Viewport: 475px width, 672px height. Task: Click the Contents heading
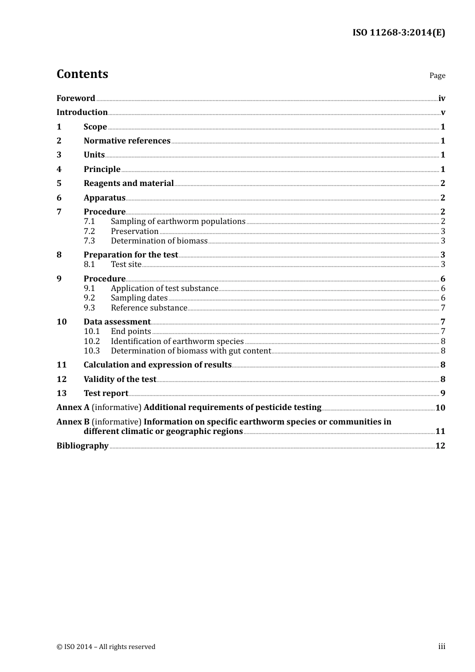click(82, 74)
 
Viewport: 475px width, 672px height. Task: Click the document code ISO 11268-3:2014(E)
click(398, 32)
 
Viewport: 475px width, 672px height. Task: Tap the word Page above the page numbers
click(437, 75)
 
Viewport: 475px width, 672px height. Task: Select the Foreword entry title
click(75, 98)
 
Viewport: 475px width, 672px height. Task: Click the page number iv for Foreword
click(441, 98)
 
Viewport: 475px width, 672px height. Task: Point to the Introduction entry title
click(82, 112)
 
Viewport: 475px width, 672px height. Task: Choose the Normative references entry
click(127, 140)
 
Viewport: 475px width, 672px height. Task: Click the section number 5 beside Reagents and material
click(59, 183)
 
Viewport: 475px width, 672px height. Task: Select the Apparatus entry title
click(104, 197)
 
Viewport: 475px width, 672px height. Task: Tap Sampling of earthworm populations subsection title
click(178, 221)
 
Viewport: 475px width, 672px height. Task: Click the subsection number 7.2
click(89, 231)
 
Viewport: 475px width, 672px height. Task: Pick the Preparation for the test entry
click(130, 254)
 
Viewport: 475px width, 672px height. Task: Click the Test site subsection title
click(126, 264)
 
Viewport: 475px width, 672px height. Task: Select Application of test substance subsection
click(164, 288)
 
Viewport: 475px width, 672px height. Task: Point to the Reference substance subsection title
click(149, 307)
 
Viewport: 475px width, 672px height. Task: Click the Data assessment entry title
click(117, 321)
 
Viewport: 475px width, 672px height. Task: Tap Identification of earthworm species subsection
click(177, 341)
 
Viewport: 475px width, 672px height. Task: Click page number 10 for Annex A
click(440, 407)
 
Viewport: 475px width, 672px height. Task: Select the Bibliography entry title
click(82, 445)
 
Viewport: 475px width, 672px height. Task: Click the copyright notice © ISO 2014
click(106, 646)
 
